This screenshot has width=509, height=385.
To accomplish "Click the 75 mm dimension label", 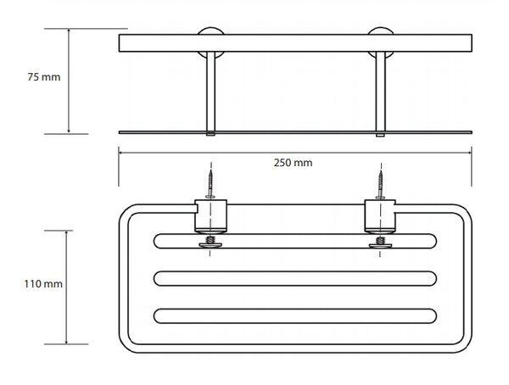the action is pyautogui.click(x=44, y=77).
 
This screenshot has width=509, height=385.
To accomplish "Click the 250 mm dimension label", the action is pyautogui.click(x=293, y=163).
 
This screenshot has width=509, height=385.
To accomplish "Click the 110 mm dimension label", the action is pyautogui.click(x=43, y=284).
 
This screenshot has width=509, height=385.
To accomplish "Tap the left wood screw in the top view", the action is pyautogui.click(x=210, y=183).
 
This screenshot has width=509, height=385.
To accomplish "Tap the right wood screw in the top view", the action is pyautogui.click(x=380, y=183).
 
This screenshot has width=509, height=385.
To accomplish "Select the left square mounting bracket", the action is pyautogui.click(x=210, y=216).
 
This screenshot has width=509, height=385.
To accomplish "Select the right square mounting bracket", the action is pyautogui.click(x=380, y=216).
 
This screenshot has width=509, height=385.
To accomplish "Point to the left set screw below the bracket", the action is pyautogui.click(x=210, y=243).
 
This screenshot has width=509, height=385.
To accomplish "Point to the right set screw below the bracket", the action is pyautogui.click(x=380, y=243).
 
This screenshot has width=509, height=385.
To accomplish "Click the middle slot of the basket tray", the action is pyautogui.click(x=295, y=278).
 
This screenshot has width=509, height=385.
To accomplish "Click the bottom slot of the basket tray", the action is pyautogui.click(x=295, y=316).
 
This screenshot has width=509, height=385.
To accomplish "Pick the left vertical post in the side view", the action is pyautogui.click(x=210, y=92).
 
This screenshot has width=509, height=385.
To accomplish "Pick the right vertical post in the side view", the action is pyautogui.click(x=380, y=92).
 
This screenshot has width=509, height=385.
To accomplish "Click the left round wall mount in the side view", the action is pyautogui.click(x=210, y=31).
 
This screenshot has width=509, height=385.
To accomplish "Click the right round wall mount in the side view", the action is pyautogui.click(x=380, y=31).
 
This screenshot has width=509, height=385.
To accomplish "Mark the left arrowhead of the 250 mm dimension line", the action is pyautogui.click(x=120, y=152).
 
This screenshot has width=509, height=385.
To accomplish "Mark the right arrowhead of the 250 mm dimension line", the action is pyautogui.click(x=469, y=152).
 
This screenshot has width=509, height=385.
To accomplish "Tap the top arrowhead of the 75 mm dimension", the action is pyautogui.click(x=69, y=31).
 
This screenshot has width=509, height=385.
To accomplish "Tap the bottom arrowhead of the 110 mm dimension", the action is pyautogui.click(x=66, y=341).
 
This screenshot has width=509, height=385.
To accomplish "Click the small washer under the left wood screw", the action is pyautogui.click(x=210, y=197).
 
